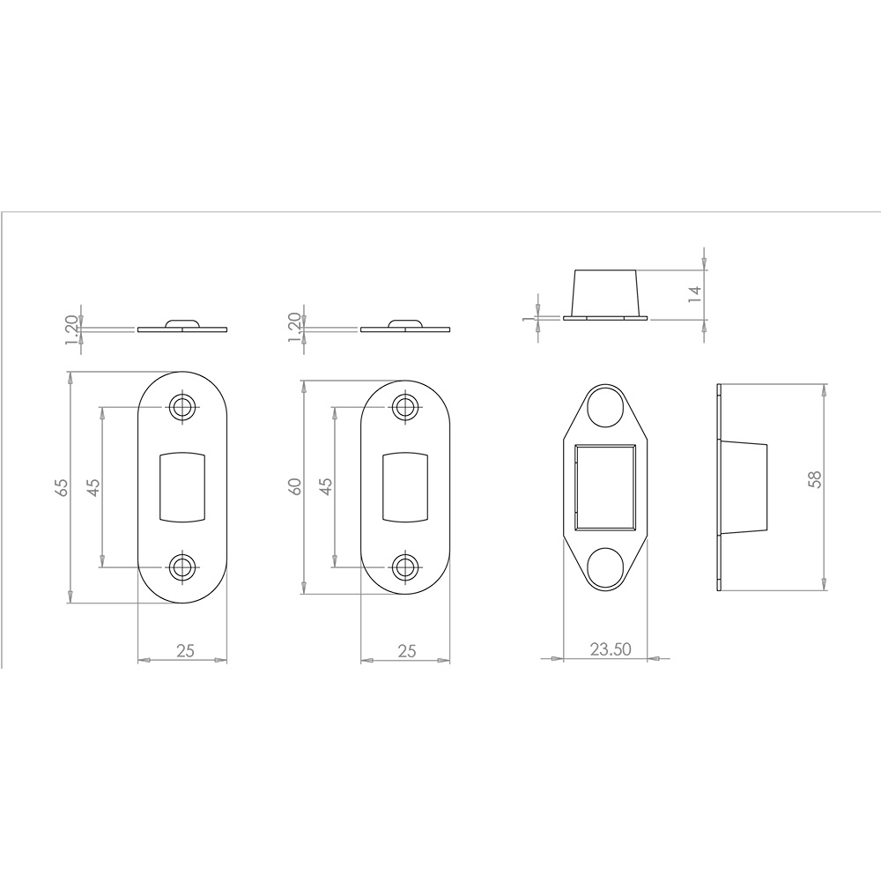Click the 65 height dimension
click(x=63, y=486)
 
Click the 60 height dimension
click(x=295, y=486)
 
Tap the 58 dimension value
click(x=814, y=478)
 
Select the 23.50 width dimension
click(x=611, y=649)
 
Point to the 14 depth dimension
click(x=695, y=293)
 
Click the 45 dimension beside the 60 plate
click(x=326, y=486)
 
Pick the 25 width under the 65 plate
click(x=185, y=651)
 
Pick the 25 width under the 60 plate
click(x=407, y=651)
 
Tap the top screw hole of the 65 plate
click(x=182, y=406)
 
